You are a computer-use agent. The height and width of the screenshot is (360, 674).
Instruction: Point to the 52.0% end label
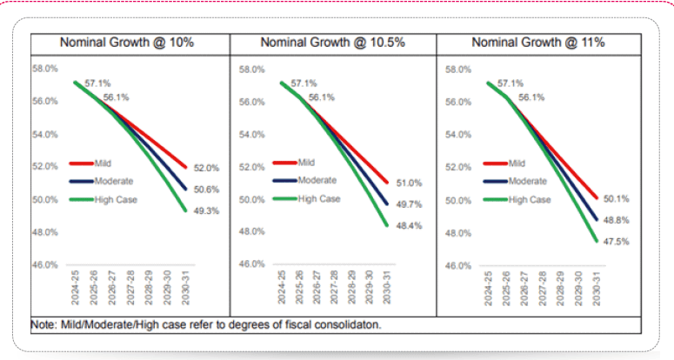[207, 168]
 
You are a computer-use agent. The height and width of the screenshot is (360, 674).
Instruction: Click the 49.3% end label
[207, 210]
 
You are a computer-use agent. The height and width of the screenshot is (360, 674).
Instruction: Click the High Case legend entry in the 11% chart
[530, 200]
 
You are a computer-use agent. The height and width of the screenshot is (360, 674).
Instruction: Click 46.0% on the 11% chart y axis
[457, 265]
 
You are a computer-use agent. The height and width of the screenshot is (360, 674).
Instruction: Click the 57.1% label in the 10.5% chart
[304, 83]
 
